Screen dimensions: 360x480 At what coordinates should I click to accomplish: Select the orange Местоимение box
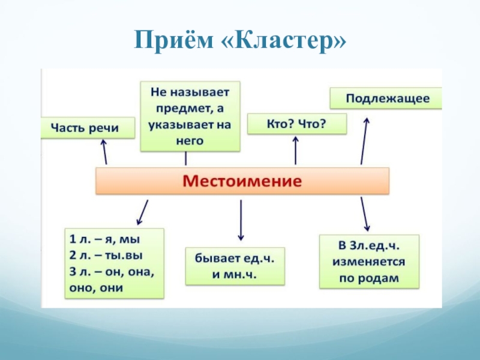[242, 180]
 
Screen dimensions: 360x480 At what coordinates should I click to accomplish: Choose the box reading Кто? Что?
[296, 124]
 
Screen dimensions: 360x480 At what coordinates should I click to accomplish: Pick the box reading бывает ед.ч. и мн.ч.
[234, 266]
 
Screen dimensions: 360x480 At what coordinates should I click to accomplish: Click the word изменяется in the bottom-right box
[368, 262]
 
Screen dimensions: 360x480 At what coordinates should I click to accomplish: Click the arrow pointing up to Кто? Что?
[296, 150]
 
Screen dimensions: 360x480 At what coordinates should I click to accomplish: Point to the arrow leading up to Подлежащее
[365, 140]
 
